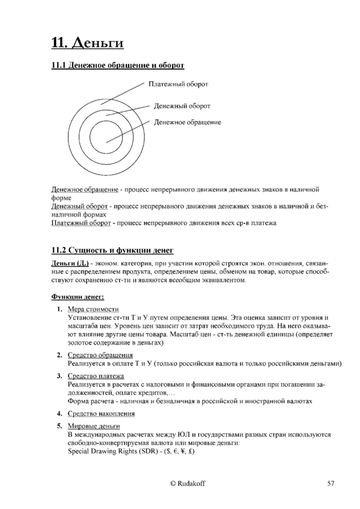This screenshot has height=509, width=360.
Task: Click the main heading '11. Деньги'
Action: (x=88, y=43)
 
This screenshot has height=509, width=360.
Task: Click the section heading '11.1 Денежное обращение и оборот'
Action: (x=118, y=66)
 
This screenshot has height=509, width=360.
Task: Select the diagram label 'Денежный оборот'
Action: (x=182, y=106)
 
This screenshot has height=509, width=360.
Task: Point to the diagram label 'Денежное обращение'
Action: (x=187, y=122)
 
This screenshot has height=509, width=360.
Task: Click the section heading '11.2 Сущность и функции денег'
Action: (x=112, y=250)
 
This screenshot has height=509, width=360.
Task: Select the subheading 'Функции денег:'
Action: (x=78, y=297)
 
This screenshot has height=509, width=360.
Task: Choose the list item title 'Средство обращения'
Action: (x=100, y=355)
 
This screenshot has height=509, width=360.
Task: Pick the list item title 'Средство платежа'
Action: (x=96, y=376)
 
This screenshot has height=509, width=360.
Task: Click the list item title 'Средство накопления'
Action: (x=102, y=413)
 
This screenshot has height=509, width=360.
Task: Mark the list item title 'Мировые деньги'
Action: (x=93, y=426)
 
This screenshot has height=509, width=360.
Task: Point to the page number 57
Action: (x=331, y=484)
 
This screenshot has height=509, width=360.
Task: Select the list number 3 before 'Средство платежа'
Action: (x=59, y=376)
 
